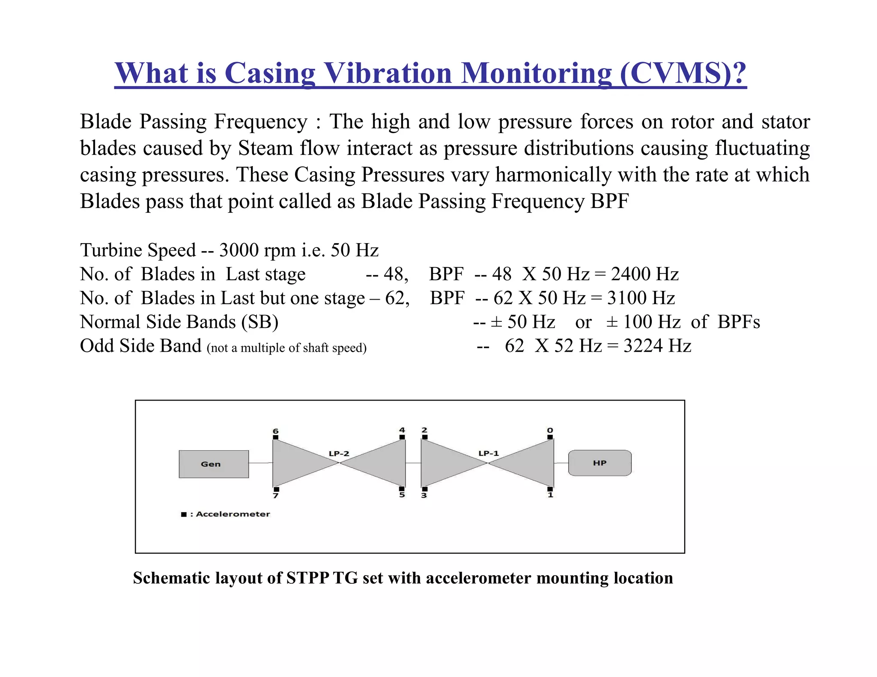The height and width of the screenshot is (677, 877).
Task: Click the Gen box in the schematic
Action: point(214,464)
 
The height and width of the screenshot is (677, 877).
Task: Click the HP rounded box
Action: point(600,463)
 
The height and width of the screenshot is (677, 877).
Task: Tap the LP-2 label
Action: point(339,453)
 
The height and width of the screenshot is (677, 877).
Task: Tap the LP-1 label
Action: point(489,453)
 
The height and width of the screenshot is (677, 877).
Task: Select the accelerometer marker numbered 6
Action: point(276,437)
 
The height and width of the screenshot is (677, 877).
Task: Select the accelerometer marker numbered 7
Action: point(276,489)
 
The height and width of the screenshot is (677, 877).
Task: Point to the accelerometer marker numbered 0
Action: point(550,437)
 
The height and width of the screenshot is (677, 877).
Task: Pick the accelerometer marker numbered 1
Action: point(550,489)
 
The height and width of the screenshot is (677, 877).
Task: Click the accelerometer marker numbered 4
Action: point(402,437)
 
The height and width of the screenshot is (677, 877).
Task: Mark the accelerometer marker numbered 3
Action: point(425,489)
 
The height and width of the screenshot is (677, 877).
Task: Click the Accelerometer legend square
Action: point(184,514)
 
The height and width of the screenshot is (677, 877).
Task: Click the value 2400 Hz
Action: point(644,274)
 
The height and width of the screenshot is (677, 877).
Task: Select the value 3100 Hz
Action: point(641,298)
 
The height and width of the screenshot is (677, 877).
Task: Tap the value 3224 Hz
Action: point(657,346)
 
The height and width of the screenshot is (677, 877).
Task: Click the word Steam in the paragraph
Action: point(265,148)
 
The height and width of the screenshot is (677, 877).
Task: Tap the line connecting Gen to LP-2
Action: point(260,463)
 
